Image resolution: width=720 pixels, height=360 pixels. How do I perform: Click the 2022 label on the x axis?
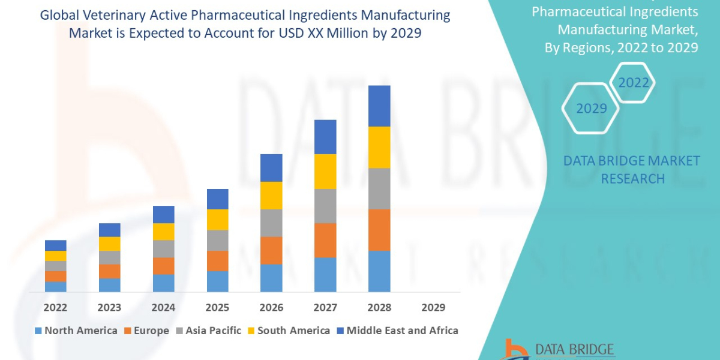pyautogui.click(x=55, y=308)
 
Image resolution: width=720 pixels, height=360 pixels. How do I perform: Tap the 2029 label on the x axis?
pyautogui.click(x=433, y=308)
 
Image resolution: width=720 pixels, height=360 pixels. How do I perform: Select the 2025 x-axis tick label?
pyautogui.click(x=217, y=308)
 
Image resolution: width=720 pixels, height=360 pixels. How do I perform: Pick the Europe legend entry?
pyautogui.click(x=147, y=331)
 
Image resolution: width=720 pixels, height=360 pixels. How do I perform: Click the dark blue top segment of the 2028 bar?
pyautogui.click(x=379, y=106)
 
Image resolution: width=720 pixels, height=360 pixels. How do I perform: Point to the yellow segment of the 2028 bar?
pyautogui.click(x=379, y=147)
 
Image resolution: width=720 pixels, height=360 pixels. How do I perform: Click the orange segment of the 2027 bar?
pyautogui.click(x=325, y=240)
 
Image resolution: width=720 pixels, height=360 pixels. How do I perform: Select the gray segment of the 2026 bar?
pyautogui.click(x=271, y=223)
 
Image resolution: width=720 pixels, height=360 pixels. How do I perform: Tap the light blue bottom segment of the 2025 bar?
pyautogui.click(x=217, y=281)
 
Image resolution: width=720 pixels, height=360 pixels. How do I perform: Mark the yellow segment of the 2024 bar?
pyautogui.click(x=163, y=232)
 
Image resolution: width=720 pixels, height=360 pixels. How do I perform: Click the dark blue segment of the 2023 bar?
pyautogui.click(x=109, y=230)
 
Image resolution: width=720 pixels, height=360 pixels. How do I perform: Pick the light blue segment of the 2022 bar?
pyautogui.click(x=55, y=286)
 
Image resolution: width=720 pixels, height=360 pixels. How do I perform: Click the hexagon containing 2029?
pyautogui.click(x=590, y=108)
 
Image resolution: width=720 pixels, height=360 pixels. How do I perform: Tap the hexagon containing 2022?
pyautogui.click(x=634, y=82)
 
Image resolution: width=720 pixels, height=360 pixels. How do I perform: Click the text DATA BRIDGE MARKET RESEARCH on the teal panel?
pyautogui.click(x=632, y=169)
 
